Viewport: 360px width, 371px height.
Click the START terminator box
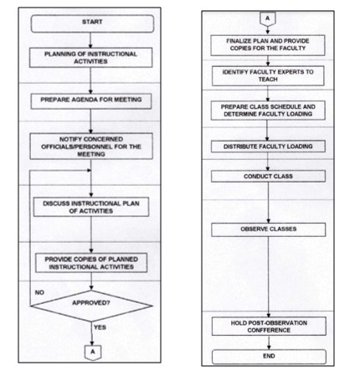pos(92,23)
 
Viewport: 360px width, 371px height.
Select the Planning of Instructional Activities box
pos(90,58)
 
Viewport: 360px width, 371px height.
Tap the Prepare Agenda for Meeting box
pos(91,101)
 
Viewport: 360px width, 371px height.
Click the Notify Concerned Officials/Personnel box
pos(91,147)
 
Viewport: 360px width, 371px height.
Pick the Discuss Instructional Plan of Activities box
pos(91,207)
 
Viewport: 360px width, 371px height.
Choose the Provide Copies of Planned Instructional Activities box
pos(91,263)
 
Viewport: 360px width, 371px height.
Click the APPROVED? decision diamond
pos(91,306)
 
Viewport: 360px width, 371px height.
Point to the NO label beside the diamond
pos(39,292)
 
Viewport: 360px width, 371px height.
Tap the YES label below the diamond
pos(100,327)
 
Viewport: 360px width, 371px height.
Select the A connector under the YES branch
pos(93,353)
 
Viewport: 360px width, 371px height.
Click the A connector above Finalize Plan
pos(268,19)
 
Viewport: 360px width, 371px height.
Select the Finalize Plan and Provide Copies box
pos(268,45)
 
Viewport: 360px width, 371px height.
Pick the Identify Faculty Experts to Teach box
pos(268,75)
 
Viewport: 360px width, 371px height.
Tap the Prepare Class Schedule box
pos(268,111)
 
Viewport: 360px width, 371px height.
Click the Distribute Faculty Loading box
pos(268,147)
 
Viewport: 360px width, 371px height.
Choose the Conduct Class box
pos(268,177)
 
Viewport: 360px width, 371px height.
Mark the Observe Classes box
pos(269,229)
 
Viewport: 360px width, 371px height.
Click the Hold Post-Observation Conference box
pos(269,327)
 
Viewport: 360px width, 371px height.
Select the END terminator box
pos(269,357)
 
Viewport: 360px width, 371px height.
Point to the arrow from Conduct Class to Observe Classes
pos(269,203)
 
